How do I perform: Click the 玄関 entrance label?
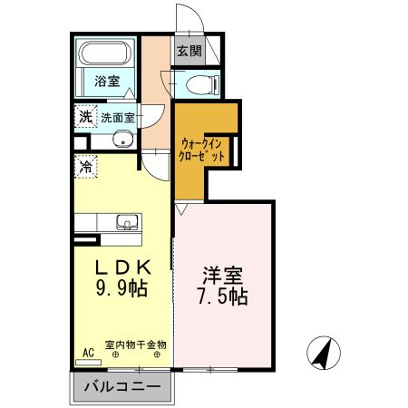pyautogui.click(x=189, y=51)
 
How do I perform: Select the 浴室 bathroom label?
pyautogui.click(x=107, y=81)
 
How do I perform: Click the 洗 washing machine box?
pyautogui.click(x=84, y=116)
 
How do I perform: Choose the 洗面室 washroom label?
pyautogui.click(x=117, y=117)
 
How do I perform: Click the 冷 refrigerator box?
pyautogui.click(x=85, y=167)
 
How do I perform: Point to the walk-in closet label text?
pyautogui.click(x=202, y=150)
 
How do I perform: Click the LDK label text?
pyautogui.click(x=121, y=268)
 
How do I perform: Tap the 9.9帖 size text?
pyautogui.click(x=121, y=290)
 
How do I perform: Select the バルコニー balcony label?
pyautogui.click(x=122, y=387)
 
